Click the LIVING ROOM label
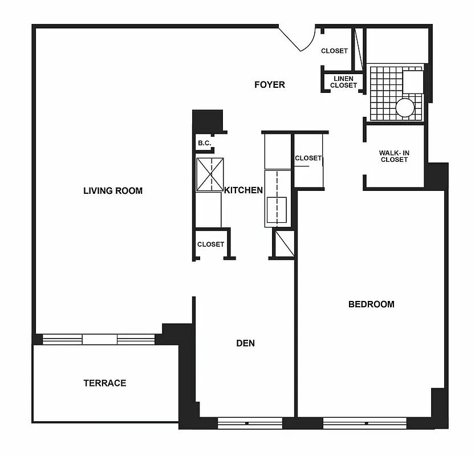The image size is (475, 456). coord(113,191)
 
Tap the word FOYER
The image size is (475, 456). coord(269,85)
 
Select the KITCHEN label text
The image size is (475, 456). coord(243,190)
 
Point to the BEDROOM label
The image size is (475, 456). coord(371,304)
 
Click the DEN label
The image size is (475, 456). coord(245,343)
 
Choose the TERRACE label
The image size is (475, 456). coord(105,383)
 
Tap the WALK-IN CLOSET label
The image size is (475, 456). coord(394,156)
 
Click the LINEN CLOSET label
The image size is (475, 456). coord(343,82)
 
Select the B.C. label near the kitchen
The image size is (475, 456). coord(204,143)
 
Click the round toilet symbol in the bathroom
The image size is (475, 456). coord(405,108)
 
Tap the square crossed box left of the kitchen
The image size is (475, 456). coord(210,174)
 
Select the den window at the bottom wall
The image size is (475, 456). coord(250,424)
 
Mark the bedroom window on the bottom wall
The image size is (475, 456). coord(364,424)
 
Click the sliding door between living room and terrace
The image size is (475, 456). coord(99,340)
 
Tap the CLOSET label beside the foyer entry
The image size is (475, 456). coord(334,51)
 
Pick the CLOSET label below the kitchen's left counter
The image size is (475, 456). coord(210,245)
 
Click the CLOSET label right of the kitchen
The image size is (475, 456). coord(308,158)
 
